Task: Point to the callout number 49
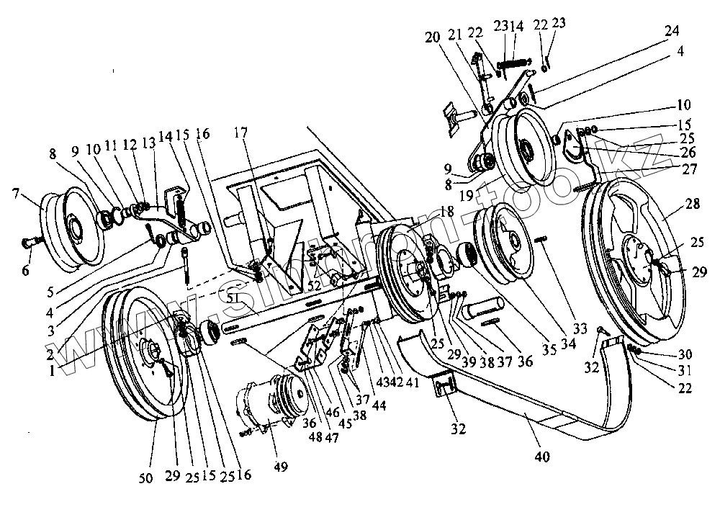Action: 280,466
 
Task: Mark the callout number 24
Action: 671,31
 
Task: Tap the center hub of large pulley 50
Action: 153,355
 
